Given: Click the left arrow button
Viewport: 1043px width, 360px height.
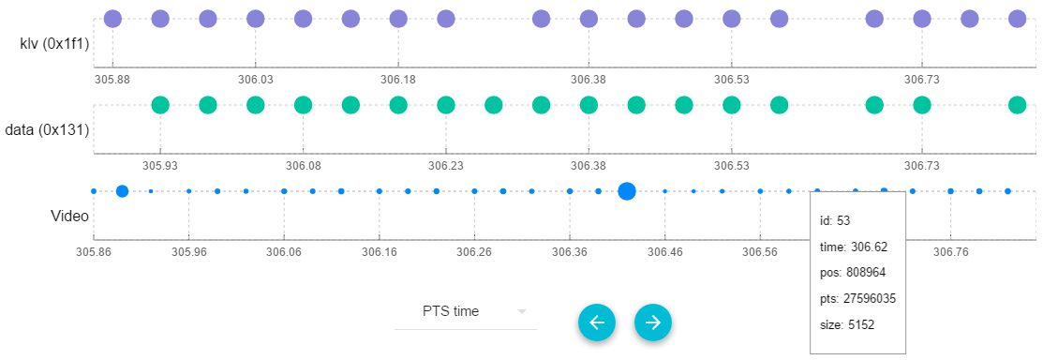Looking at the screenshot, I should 597,322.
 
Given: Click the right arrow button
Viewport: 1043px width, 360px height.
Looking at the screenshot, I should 653,322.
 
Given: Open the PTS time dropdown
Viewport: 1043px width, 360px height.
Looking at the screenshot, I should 466,311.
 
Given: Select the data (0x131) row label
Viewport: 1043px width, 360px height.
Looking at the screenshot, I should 47,130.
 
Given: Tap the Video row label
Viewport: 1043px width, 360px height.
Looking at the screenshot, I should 69,216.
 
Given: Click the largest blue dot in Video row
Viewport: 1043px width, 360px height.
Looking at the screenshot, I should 627,191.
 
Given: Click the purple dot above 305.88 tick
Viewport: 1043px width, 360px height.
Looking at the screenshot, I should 112,18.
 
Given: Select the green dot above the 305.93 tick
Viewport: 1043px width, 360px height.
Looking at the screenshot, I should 160,105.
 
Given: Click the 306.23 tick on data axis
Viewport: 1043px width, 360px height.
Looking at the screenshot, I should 446,166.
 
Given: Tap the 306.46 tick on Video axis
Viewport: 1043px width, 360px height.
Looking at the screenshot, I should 664,251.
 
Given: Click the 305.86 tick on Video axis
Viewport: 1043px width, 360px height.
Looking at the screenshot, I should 94,251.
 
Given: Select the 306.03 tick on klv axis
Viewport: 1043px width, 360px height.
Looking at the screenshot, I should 256,80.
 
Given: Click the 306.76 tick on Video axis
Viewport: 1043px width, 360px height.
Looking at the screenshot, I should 950,251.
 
